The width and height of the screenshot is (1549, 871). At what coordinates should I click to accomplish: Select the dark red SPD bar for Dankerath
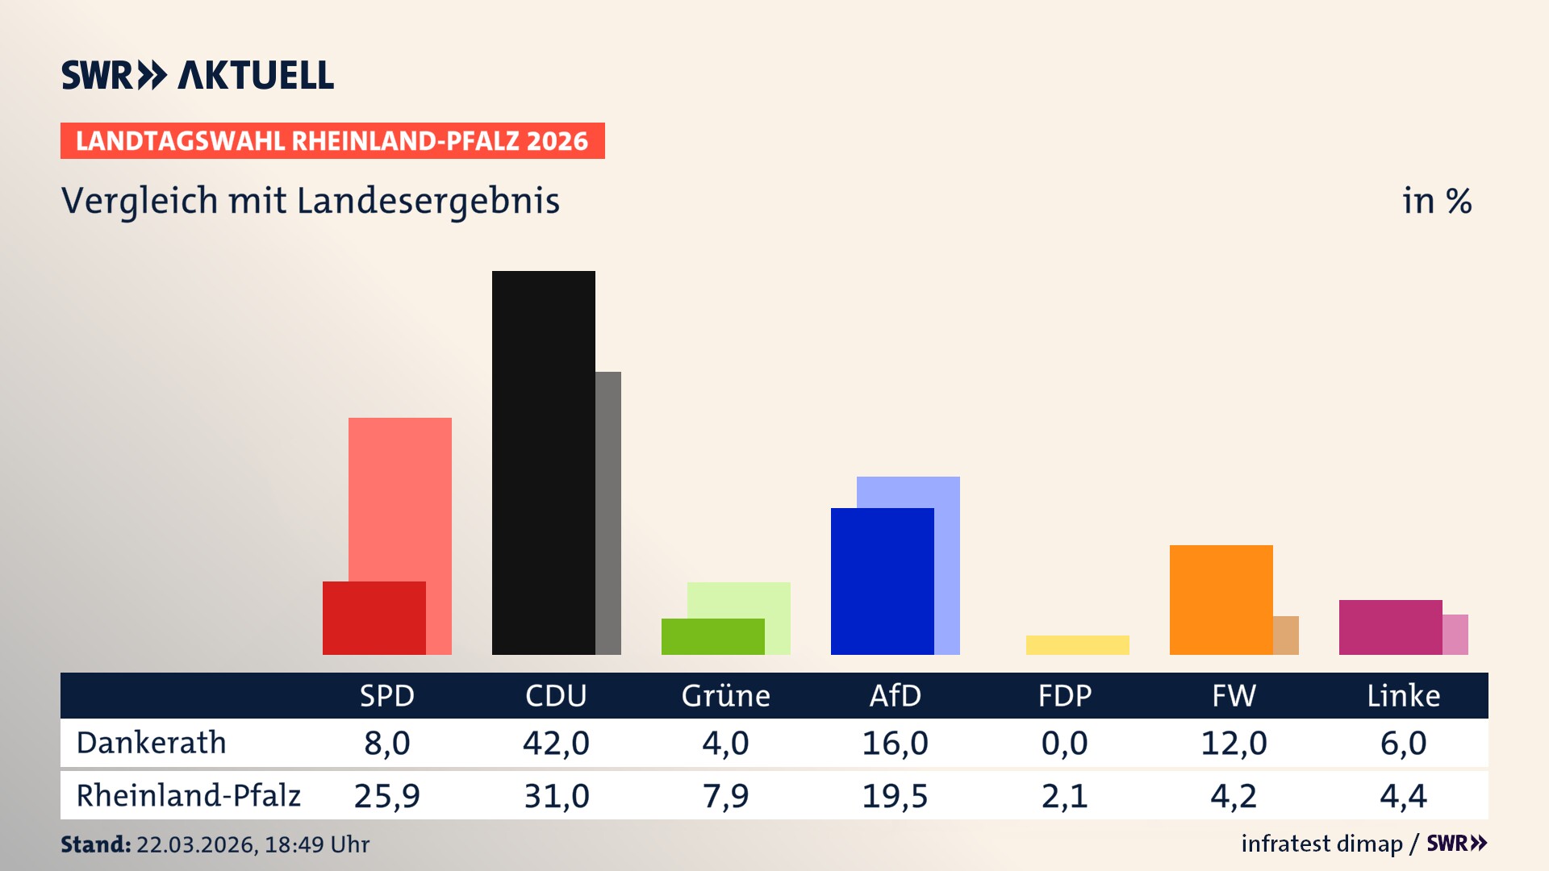pos(374,618)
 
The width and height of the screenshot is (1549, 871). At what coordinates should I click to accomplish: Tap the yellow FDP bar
pos(1077,645)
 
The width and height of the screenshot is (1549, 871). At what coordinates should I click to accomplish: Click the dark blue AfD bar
pos(882,581)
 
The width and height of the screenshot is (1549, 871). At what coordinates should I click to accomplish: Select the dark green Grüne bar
pos(712,636)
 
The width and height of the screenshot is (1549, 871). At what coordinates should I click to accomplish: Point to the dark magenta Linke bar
pos(1390,627)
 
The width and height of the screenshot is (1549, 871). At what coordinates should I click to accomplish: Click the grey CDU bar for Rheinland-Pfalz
pos(608,513)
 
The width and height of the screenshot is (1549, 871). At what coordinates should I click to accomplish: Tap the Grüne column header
pos(725,695)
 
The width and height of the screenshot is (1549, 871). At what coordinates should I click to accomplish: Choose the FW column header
pos(1234,695)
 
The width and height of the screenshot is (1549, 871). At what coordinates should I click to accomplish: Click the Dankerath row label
pos(151,743)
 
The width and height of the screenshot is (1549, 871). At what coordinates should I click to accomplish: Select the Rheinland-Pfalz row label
pos(188,795)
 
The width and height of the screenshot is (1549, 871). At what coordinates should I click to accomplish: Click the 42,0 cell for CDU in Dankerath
pos(556,743)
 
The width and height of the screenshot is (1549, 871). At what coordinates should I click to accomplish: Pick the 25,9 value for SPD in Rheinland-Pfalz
pos(386,796)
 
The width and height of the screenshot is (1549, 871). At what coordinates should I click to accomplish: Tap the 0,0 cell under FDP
pos(1064,743)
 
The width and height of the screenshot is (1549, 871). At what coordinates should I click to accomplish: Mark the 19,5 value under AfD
pos(895,796)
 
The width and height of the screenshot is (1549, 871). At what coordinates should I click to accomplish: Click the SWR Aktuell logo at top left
pos(197,75)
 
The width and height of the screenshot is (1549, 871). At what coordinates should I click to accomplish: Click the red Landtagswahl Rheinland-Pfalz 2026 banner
pos(332,140)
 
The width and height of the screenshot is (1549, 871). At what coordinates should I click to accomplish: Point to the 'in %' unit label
pos(1436,201)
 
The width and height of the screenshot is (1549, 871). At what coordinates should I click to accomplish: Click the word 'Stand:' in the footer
pos(95,844)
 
